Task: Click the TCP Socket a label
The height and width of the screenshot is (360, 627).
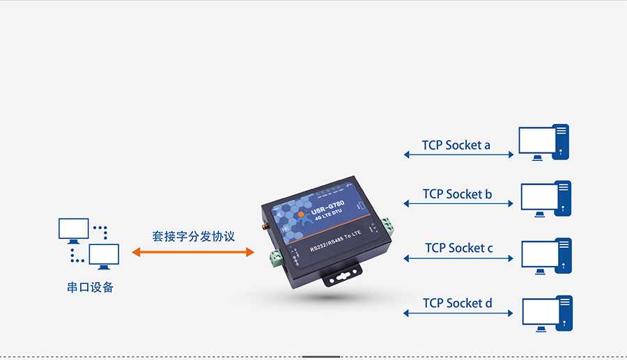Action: pyautogui.click(x=456, y=145)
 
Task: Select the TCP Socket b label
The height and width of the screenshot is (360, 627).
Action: pyautogui.click(x=457, y=194)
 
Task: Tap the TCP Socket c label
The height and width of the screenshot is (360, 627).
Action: pyautogui.click(x=459, y=248)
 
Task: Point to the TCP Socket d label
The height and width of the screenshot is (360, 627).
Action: pyautogui.click(x=458, y=303)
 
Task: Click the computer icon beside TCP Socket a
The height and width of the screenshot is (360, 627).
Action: pyautogui.click(x=543, y=143)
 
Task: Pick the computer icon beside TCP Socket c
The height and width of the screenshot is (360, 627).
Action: pyautogui.click(x=546, y=254)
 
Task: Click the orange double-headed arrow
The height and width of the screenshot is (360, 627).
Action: pyautogui.click(x=193, y=252)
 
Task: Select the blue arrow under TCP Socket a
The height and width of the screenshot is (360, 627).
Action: pyautogui.click(x=458, y=155)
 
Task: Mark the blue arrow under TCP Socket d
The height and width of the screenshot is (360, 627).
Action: pyautogui.click(x=458, y=313)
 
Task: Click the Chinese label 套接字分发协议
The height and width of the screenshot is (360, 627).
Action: pyautogui.click(x=194, y=236)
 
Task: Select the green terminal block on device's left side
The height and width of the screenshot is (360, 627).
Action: pyautogui.click(x=276, y=258)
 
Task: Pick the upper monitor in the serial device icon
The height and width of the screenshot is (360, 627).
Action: pyautogui.click(x=73, y=229)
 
